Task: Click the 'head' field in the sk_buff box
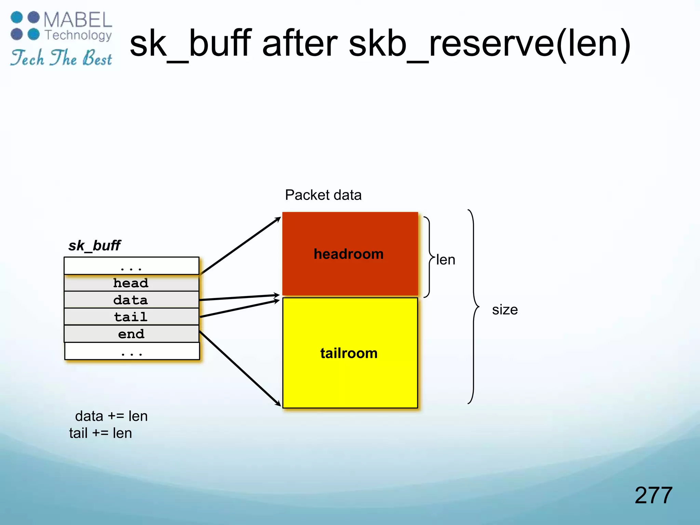[131, 283]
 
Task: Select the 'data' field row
[131, 300]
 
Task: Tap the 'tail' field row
[131, 317]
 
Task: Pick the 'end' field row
[131, 334]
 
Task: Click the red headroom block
[350, 254]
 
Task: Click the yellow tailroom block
[350, 353]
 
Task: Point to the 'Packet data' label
[323, 195]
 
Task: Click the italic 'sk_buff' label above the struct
[94, 245]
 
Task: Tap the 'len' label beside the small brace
[446, 260]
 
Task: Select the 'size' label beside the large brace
[505, 310]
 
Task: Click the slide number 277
[653, 495]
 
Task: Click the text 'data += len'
[111, 416]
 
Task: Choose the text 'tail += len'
[100, 433]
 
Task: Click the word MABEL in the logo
[78, 20]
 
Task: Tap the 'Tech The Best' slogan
[62, 58]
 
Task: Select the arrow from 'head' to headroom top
[239, 246]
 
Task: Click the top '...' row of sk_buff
[131, 266]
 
